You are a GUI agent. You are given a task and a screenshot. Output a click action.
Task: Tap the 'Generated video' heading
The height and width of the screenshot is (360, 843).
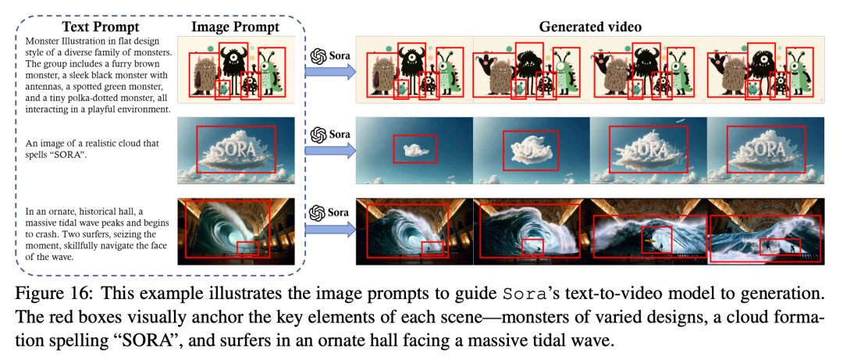590,27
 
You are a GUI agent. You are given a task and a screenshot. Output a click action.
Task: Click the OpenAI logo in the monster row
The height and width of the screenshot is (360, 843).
318,56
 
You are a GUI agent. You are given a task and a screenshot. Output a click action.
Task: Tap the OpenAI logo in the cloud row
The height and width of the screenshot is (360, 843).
318,134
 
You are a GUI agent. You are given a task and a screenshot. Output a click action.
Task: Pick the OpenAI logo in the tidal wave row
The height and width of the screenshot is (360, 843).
318,212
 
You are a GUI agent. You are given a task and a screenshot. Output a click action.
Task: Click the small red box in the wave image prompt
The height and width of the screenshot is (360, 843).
248,248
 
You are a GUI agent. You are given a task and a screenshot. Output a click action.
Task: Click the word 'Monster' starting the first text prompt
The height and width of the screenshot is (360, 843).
42,41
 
